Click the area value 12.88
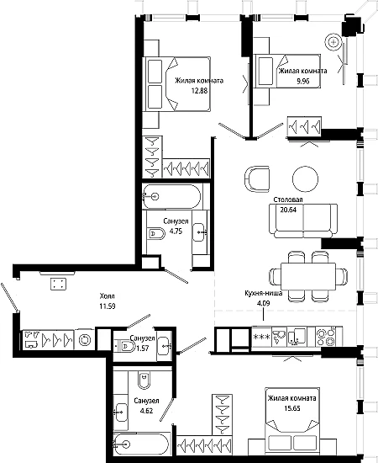point(199,91)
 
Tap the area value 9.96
point(303,81)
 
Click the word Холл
point(108,295)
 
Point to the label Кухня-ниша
point(264,293)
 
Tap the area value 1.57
point(142,349)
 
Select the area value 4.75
point(176,231)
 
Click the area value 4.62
point(146,411)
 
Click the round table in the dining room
point(305,179)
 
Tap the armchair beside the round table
point(257,179)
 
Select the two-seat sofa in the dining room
point(303,221)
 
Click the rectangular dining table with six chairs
point(308,277)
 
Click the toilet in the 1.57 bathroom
point(124,345)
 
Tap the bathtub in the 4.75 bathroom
point(171,196)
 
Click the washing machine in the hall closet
point(85,339)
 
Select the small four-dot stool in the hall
point(58,284)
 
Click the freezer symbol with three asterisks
point(261,337)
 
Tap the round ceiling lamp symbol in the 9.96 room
point(333,43)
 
